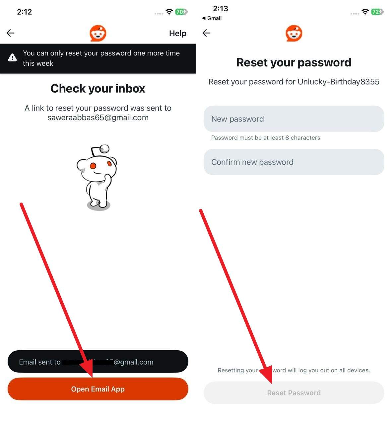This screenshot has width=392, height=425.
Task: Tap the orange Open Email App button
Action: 98,389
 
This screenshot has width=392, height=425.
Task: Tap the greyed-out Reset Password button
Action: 294,393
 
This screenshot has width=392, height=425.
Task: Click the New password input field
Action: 294,119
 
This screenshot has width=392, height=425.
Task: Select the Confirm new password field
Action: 294,162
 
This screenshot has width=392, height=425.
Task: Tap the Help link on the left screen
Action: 177,33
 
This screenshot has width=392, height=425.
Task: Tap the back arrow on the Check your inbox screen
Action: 11,33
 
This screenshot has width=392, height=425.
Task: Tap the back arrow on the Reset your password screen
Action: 206,33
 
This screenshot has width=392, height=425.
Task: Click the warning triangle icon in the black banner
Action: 12,58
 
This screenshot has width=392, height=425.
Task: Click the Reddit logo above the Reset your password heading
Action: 294,33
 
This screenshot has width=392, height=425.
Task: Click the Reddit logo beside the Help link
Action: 98,33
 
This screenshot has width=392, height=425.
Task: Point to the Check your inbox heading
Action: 98,89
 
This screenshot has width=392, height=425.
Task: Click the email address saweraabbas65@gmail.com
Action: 98,118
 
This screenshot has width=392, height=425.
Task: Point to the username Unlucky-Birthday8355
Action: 338,82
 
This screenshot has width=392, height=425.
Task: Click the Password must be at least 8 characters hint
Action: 265,138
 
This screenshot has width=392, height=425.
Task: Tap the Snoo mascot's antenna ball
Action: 105,148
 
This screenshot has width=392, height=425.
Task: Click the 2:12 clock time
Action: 25,12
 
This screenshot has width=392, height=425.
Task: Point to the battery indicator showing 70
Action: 181,12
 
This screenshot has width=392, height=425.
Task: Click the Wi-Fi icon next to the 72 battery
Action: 365,12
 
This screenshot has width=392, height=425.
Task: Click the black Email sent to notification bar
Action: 98,362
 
